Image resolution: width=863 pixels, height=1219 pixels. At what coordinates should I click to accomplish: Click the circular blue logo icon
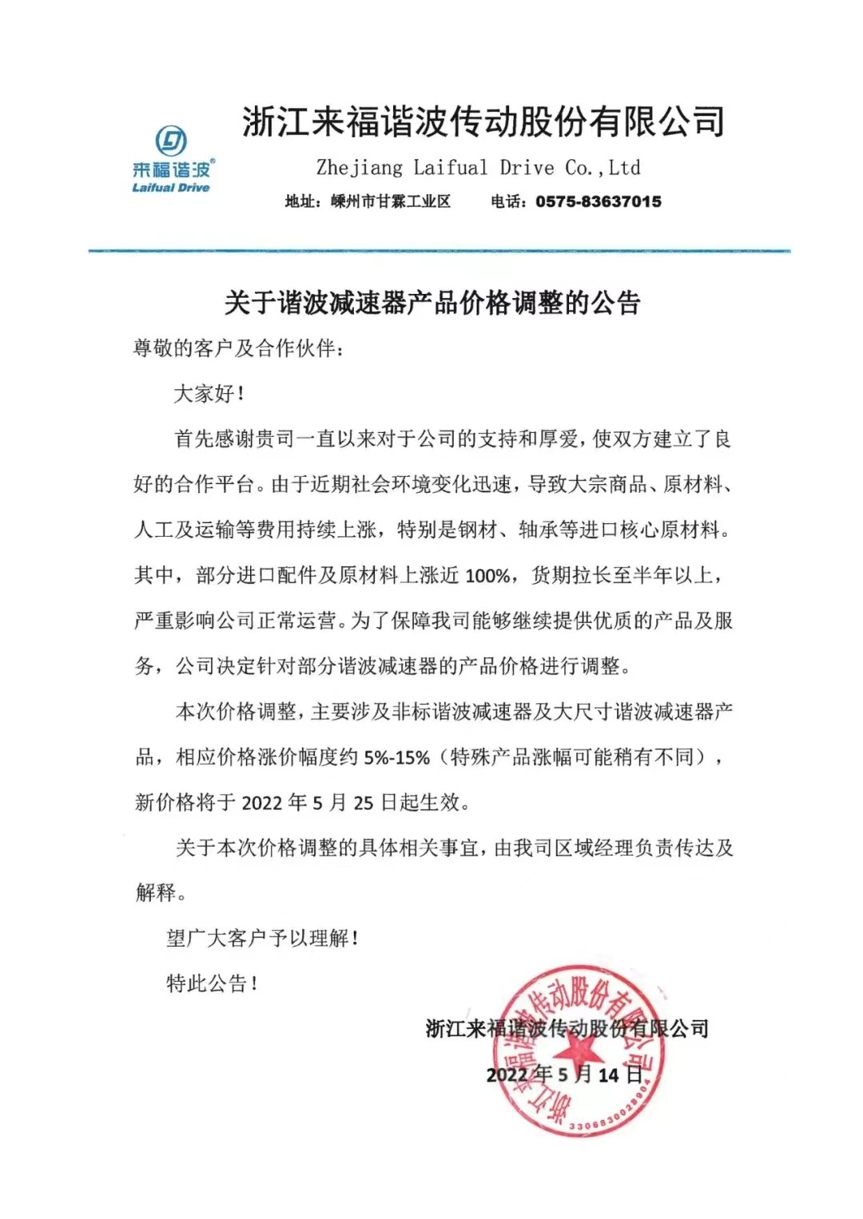pos(171,141)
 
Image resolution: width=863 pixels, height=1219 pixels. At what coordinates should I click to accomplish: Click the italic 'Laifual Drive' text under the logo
pos(171,188)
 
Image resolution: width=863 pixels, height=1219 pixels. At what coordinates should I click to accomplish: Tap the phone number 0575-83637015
pos(599,201)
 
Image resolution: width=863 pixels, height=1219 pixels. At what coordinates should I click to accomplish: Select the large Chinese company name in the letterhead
pos(483,122)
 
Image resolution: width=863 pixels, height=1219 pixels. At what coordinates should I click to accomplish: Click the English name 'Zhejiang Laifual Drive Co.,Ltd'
pos(478,168)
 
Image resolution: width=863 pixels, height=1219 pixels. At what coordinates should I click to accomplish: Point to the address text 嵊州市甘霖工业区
pos(391,201)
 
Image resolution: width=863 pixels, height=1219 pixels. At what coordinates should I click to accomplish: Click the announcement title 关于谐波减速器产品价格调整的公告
pos(432,303)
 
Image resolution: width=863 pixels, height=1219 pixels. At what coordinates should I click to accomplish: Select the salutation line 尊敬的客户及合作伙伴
pos(237,348)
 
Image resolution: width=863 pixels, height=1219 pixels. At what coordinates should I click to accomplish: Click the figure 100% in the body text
pos(487,575)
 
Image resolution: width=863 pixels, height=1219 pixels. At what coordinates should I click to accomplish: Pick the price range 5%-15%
pos(396,757)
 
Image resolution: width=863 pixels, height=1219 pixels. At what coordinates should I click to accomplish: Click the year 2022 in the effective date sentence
pos(262,802)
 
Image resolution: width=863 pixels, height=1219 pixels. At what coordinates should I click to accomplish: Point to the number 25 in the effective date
pos(364,802)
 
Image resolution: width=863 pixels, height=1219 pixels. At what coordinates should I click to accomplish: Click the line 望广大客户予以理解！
pos(262,938)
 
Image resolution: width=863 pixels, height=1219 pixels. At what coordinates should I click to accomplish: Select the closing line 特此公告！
pos(212,983)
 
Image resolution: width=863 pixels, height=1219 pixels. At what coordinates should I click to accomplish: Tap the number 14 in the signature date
pos(609,1075)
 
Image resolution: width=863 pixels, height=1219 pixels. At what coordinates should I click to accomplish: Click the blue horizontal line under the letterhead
pos(439,252)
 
